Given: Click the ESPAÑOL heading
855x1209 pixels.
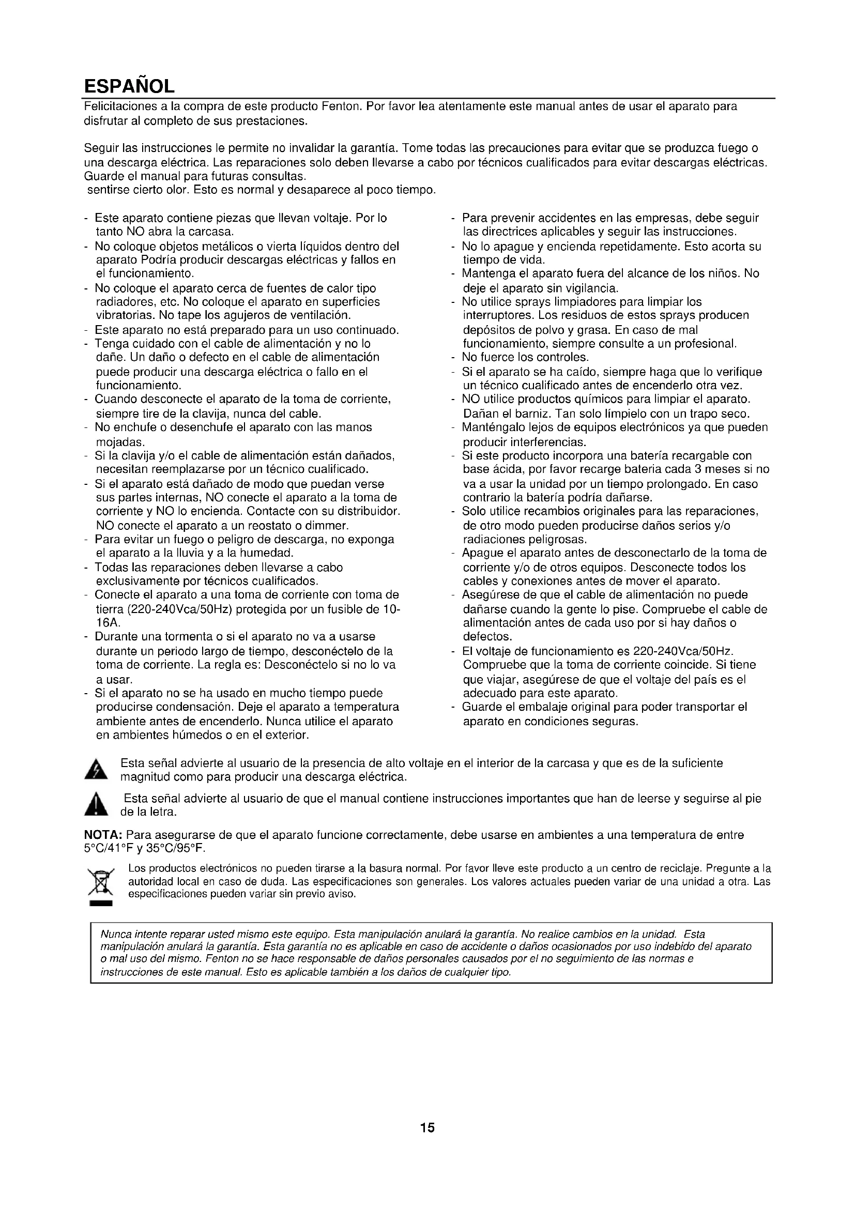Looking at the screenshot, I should pos(129,85).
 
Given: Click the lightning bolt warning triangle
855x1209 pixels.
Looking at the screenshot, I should pos(96,770).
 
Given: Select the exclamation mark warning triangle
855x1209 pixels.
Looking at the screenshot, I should pos(96,806).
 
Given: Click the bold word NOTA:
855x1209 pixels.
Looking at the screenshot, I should pos(104,835).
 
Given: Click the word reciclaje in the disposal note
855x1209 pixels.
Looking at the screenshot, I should pos(678,868).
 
